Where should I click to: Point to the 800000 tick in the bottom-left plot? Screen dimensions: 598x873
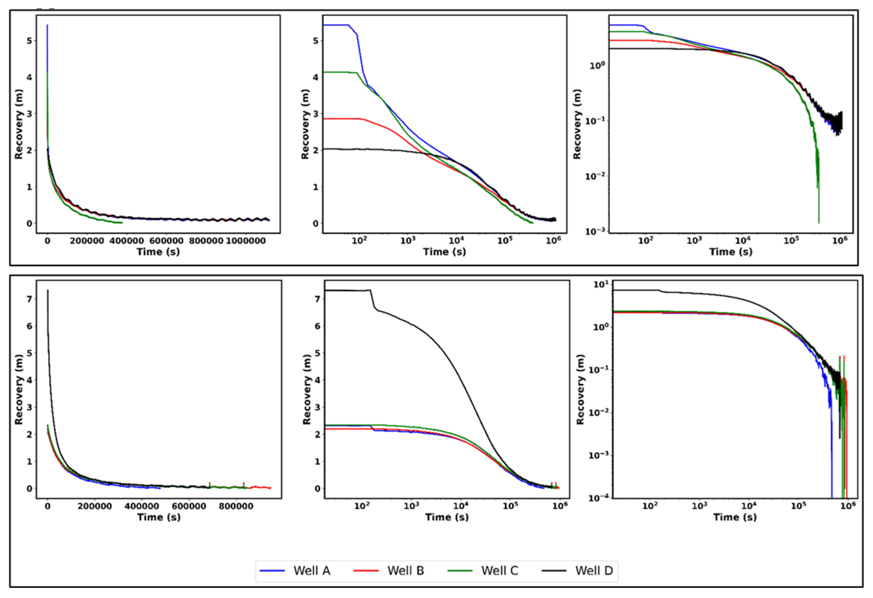click(236, 506)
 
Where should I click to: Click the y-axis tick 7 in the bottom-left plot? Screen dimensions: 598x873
click(29, 299)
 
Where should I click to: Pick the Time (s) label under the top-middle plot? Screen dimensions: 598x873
click(444, 252)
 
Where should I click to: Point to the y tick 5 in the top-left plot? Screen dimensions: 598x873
click(29, 41)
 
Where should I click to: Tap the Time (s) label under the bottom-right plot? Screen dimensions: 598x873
click(734, 517)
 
